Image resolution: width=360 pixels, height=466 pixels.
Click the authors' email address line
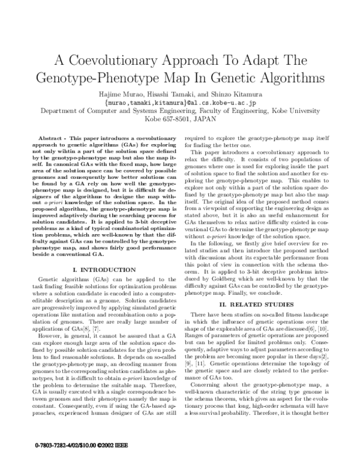pyautogui.click(x=180, y=103)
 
